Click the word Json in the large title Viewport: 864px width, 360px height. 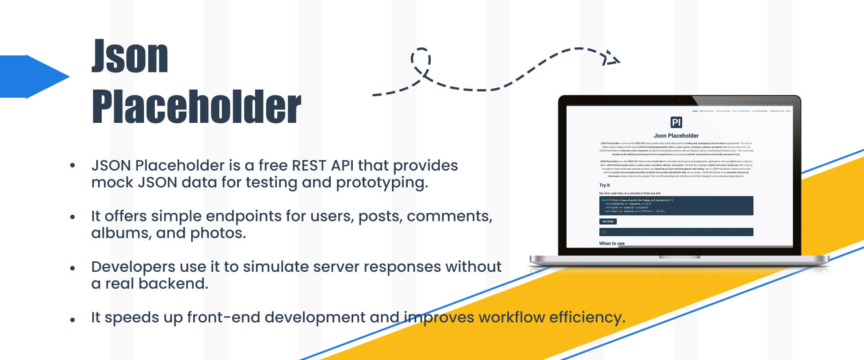(x=130, y=57)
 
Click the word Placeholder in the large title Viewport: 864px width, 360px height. (x=196, y=107)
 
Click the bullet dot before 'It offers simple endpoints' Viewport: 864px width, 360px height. (x=72, y=217)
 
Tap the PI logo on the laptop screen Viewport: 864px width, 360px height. (x=676, y=122)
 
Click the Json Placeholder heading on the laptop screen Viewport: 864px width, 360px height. (x=676, y=135)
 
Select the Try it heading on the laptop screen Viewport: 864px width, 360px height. (x=604, y=185)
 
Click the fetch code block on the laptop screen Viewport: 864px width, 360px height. (x=676, y=206)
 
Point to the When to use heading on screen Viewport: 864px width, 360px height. (x=612, y=243)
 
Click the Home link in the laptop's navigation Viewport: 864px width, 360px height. (x=695, y=111)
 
